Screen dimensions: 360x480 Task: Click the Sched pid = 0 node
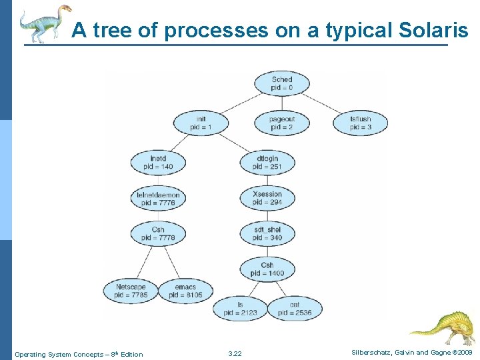click(282, 84)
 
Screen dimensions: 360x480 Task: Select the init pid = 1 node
click(201, 123)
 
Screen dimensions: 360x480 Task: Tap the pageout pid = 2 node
click(282, 123)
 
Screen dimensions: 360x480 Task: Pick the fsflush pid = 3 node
click(361, 123)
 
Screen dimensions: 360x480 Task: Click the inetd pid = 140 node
click(158, 162)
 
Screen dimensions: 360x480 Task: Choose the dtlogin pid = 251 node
click(267, 162)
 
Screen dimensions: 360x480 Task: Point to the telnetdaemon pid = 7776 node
click(158, 198)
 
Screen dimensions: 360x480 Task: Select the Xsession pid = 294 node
click(267, 198)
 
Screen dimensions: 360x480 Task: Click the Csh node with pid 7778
click(158, 233)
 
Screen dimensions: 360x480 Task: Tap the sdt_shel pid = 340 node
click(267, 233)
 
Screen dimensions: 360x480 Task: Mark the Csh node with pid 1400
click(267, 269)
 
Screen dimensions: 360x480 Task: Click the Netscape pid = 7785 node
click(131, 291)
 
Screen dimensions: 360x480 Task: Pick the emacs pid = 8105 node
click(185, 291)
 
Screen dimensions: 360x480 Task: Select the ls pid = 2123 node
click(240, 308)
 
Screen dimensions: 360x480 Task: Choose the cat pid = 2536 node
click(295, 308)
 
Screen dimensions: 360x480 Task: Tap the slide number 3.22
click(235, 354)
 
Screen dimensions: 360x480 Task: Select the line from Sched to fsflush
click(323, 101)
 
